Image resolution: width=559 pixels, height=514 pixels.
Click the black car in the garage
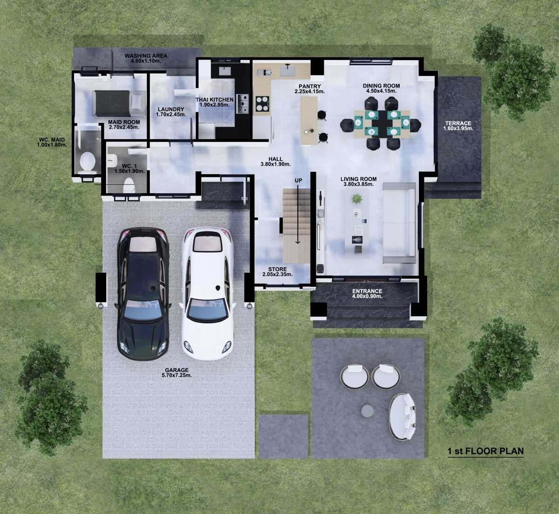[x=143, y=294]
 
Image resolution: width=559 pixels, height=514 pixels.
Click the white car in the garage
[x=208, y=294]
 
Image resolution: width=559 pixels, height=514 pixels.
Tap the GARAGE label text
[x=177, y=370]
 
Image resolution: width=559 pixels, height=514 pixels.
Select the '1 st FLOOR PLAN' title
[x=485, y=451]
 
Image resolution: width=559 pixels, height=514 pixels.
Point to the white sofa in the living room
[x=399, y=223]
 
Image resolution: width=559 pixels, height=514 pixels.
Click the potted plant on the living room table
[x=357, y=199]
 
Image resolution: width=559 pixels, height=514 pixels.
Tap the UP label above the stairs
[x=298, y=181]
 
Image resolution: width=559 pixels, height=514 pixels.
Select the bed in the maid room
[x=119, y=103]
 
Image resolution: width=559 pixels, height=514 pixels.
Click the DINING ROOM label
[x=381, y=86]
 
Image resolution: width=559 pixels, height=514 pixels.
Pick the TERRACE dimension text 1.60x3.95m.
[x=458, y=128]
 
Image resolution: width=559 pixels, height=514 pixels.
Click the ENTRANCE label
[x=367, y=291]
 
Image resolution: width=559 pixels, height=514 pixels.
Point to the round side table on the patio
[x=367, y=411]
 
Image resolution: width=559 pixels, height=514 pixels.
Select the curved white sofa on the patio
[x=402, y=416]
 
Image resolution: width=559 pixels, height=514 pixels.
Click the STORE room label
[x=277, y=269]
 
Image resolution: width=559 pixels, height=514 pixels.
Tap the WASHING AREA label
[x=146, y=56]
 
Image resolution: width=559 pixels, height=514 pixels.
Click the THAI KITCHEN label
[x=215, y=100]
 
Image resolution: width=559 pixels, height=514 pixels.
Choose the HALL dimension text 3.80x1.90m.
[x=276, y=164]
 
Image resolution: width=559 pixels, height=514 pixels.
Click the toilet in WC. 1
[x=129, y=184]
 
